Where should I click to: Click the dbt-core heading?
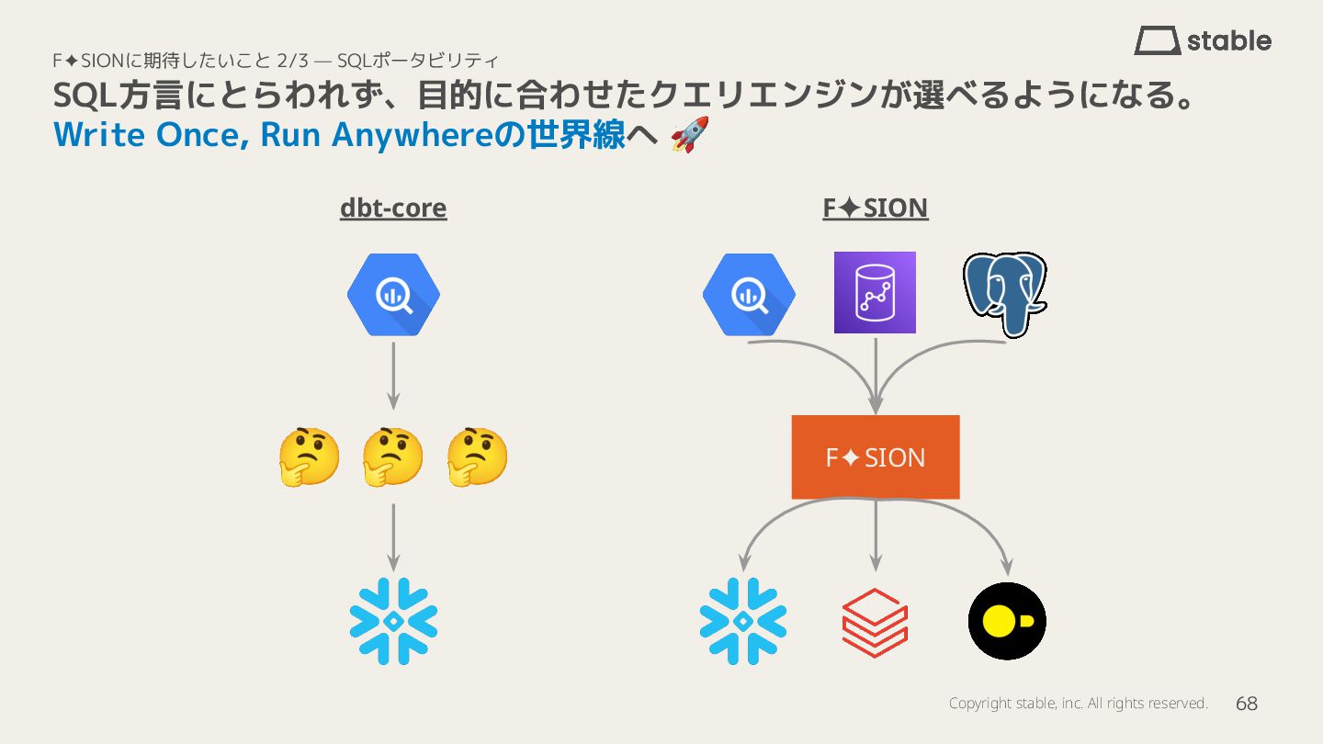tap(393, 209)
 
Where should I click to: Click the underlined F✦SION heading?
tap(875, 209)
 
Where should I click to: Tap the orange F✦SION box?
tap(876, 457)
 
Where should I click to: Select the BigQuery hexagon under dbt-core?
tap(393, 295)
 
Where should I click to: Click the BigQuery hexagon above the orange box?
tap(749, 295)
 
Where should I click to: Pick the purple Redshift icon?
tap(875, 292)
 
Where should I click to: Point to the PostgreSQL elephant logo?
tap(1005, 294)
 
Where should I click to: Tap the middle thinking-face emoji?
tap(392, 457)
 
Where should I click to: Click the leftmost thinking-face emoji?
tap(309, 457)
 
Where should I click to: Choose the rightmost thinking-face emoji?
tap(477, 457)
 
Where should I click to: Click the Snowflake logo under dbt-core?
tap(393, 621)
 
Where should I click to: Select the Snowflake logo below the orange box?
tap(743, 621)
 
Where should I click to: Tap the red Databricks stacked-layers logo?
tap(875, 622)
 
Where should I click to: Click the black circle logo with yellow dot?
tap(1007, 621)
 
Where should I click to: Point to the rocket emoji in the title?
tap(689, 135)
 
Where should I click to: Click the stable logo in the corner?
tap(1203, 40)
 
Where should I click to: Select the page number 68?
tap(1247, 704)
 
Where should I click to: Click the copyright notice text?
tap(1078, 704)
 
